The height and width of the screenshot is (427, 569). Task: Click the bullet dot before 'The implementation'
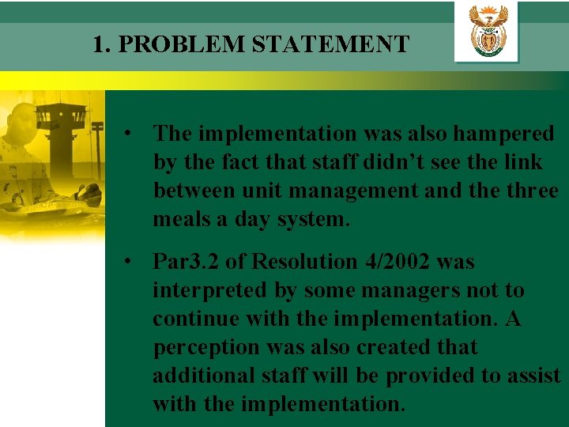pos(126,134)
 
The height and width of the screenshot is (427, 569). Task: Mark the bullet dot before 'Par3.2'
pos(126,262)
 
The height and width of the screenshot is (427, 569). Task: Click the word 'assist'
pos(534,376)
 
